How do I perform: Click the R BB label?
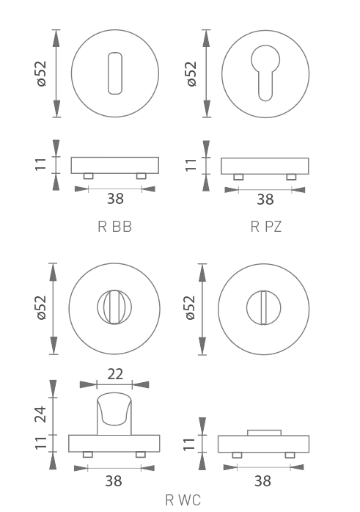click(115, 227)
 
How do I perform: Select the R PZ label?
click(265, 227)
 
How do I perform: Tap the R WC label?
click(183, 500)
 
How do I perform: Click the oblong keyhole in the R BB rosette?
click(115, 73)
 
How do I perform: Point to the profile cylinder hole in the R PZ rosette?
click(265, 73)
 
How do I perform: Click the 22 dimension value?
click(115, 374)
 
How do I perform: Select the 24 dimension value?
click(41, 414)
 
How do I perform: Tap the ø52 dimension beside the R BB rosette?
click(42, 74)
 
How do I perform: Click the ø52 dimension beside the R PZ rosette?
click(191, 74)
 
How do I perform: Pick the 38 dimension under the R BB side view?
click(116, 199)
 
